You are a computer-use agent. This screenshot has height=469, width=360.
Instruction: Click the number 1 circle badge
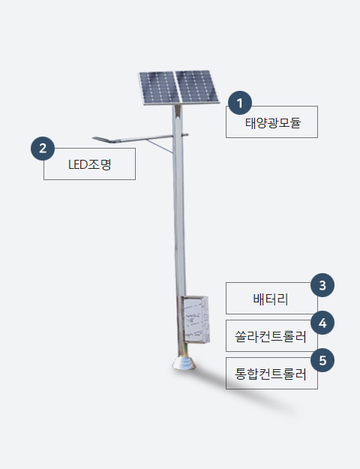click(240, 103)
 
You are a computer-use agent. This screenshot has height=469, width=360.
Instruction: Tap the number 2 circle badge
click(43, 149)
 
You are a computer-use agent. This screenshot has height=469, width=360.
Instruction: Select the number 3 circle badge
click(322, 285)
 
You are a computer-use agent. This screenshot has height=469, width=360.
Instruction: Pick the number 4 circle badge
click(322, 323)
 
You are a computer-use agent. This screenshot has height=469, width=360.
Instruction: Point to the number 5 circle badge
click(322, 360)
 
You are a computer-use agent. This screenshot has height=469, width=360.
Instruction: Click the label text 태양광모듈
click(273, 123)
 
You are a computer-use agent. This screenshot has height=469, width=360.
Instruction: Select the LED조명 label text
click(90, 164)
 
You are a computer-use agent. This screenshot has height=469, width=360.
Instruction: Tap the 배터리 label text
click(271, 299)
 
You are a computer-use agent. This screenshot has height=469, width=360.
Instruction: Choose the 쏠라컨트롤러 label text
click(271, 337)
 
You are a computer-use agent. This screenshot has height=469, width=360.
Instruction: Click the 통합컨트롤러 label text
click(271, 374)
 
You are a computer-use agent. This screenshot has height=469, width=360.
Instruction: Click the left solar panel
click(159, 88)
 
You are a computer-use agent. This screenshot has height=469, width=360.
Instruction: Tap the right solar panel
click(196, 87)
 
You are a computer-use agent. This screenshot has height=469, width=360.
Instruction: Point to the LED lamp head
click(102, 139)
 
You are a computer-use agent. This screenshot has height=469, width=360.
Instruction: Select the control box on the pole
click(196, 319)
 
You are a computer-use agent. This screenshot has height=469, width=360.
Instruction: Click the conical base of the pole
click(184, 362)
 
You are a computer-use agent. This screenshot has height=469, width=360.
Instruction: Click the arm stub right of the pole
click(185, 135)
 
